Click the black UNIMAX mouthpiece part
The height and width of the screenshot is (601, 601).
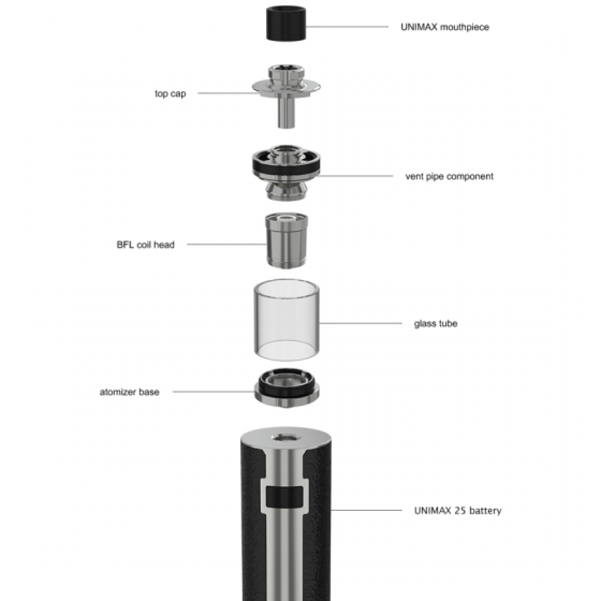tap(286, 23)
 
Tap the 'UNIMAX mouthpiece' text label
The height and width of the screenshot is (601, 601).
tap(445, 27)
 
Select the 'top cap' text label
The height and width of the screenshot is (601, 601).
tap(170, 94)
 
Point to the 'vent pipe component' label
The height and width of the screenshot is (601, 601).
tap(449, 176)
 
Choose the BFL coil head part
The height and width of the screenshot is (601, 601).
tap(286, 240)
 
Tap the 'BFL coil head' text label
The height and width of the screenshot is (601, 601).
tap(145, 245)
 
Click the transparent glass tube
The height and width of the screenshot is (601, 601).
tap(286, 320)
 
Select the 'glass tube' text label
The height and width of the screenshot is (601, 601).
tap(435, 323)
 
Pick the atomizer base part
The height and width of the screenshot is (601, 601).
tap(287, 388)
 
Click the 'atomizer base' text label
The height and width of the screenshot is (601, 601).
tap(129, 392)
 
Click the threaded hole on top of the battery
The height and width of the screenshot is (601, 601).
tap(285, 438)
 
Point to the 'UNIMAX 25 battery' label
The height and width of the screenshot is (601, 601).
tap(457, 510)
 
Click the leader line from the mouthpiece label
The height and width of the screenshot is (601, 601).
tap(347, 27)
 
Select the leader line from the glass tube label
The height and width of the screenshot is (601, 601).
tap(360, 323)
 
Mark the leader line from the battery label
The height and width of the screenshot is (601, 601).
tap(366, 510)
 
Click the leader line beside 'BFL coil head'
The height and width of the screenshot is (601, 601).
tap(227, 244)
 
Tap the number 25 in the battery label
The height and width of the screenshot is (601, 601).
tap(460, 510)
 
